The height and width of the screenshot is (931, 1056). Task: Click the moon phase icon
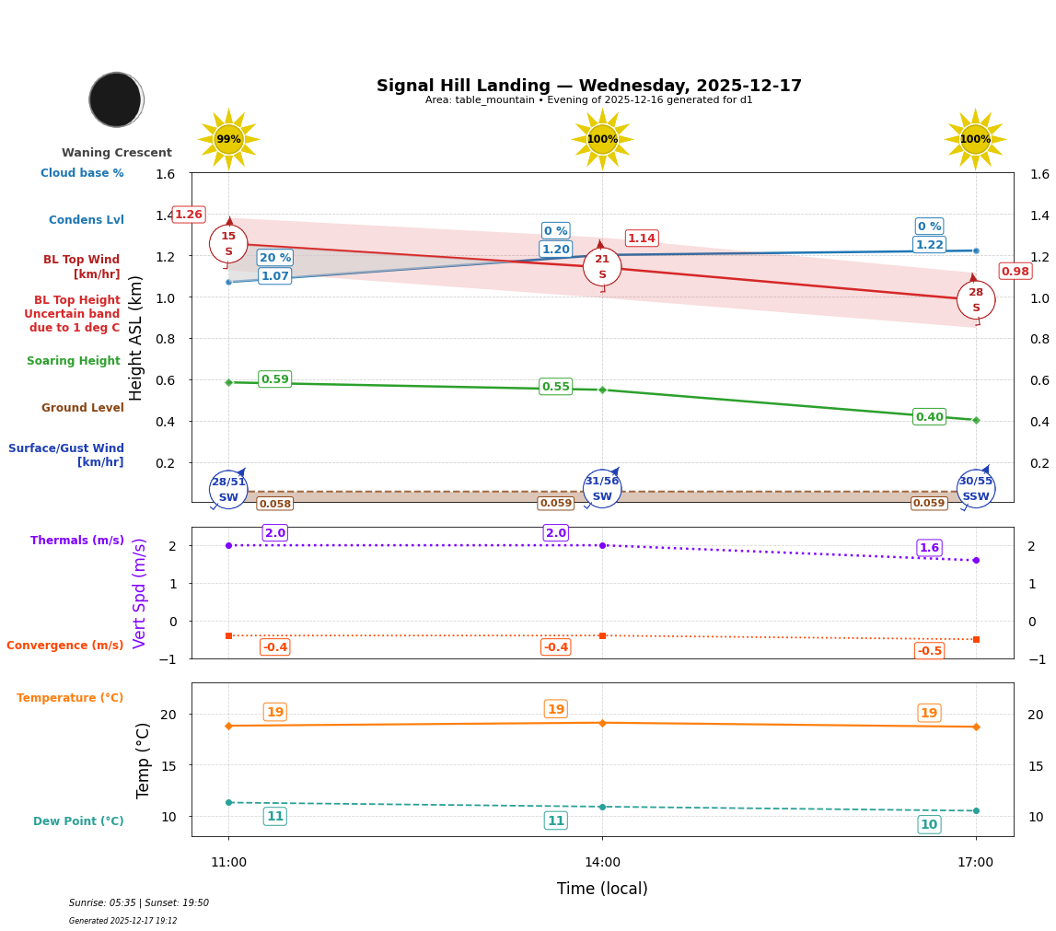tap(116, 99)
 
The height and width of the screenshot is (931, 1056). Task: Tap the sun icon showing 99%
tap(228, 139)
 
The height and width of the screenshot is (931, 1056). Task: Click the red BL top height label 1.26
tap(189, 215)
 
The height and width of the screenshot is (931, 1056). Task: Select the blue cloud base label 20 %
tap(274, 258)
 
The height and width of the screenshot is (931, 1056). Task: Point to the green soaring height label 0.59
tap(274, 379)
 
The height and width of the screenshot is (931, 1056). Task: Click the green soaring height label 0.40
tap(929, 417)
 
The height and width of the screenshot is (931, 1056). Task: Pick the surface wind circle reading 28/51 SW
tap(228, 489)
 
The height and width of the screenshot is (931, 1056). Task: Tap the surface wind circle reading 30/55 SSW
tap(975, 489)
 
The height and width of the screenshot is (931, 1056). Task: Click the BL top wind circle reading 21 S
tap(602, 267)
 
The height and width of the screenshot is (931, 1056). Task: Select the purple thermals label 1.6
tap(929, 548)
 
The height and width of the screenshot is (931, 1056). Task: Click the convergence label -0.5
tap(929, 651)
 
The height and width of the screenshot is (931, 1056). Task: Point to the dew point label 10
tap(929, 824)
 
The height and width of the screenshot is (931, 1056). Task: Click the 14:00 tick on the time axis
tap(602, 863)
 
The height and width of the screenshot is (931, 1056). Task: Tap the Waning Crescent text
tap(117, 153)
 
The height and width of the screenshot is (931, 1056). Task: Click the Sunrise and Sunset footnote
tap(139, 903)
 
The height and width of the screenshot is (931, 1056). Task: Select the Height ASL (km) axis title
tap(136, 337)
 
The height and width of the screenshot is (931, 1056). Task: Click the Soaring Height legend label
tap(74, 361)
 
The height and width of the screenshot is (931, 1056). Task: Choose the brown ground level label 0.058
tap(274, 504)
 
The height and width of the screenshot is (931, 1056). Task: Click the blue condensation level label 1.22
tap(929, 245)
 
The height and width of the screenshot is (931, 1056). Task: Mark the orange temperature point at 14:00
tap(602, 723)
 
